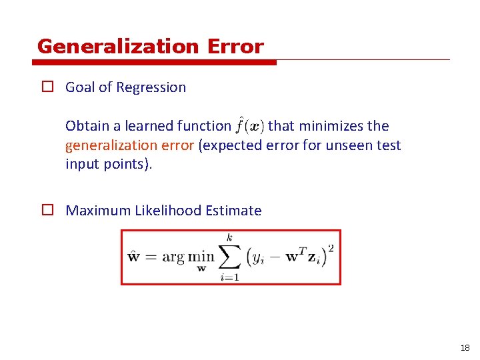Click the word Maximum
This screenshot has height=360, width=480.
tap(98, 211)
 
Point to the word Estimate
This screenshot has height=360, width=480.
tap(234, 211)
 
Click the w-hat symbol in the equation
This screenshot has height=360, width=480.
tap(134, 257)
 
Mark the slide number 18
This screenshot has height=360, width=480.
tap(465, 348)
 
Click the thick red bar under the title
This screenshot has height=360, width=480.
tap(154, 63)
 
